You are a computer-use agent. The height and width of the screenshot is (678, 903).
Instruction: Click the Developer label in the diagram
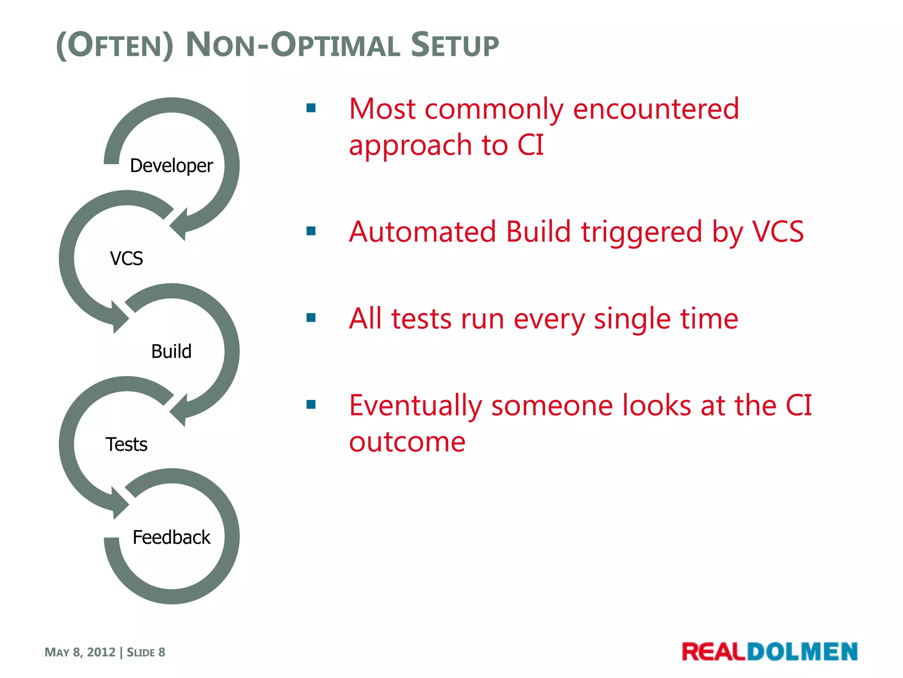(171, 166)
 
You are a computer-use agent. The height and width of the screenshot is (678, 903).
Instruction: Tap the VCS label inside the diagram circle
(127, 259)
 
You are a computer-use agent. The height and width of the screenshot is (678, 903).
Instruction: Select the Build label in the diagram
(171, 352)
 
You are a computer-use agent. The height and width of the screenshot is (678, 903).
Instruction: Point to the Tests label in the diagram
(127, 444)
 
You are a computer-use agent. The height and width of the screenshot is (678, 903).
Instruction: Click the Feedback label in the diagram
(171, 538)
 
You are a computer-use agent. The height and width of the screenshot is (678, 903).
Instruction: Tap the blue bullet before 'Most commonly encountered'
(311, 108)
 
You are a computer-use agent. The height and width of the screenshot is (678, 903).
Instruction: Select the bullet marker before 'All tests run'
(311, 318)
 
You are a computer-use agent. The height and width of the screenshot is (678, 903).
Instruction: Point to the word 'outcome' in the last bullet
(407, 442)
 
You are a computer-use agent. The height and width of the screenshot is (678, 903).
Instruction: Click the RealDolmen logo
(769, 652)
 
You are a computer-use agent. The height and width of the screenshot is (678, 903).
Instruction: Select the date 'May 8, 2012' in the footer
(80, 652)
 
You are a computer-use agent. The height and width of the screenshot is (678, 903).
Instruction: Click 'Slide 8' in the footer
(146, 652)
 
